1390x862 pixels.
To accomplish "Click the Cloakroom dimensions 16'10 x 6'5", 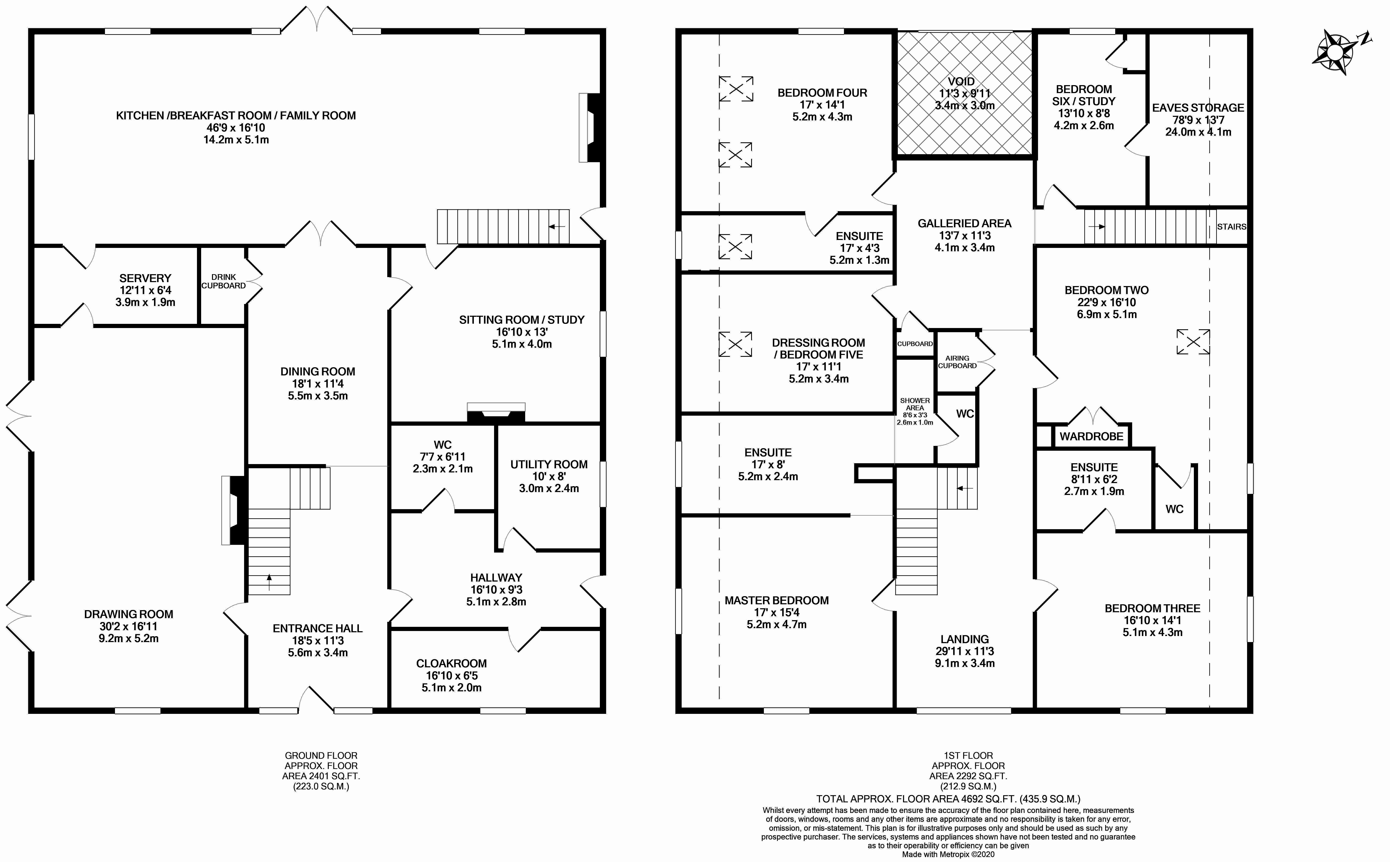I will coord(451,676).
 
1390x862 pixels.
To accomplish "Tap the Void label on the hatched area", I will coord(961,82).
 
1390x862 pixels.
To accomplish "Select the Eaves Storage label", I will coord(1197,108).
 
